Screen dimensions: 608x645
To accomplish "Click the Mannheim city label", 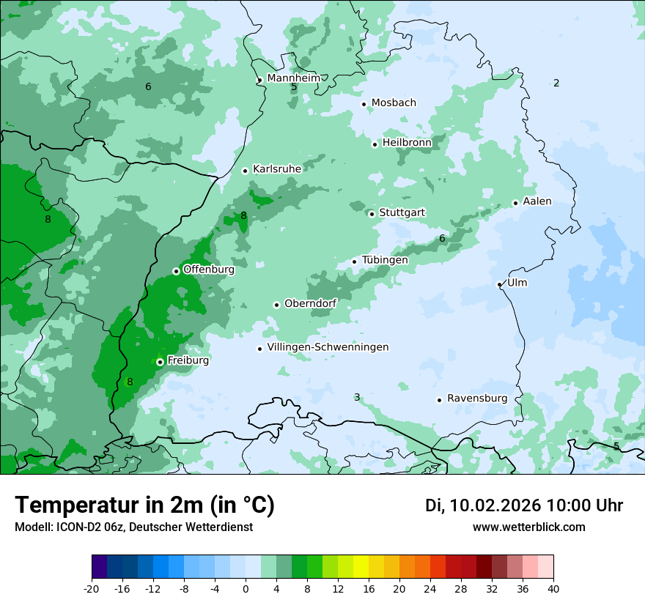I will (293, 78).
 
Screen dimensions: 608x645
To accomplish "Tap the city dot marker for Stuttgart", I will (372, 214).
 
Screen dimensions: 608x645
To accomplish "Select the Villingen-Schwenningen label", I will (328, 347).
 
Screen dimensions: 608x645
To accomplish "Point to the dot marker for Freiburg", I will (160, 362).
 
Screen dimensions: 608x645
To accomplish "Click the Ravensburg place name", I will (477, 398).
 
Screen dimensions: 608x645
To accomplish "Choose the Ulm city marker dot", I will (499, 284).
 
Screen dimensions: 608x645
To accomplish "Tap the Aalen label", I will (537, 201).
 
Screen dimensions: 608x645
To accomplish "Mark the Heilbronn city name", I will (407, 142).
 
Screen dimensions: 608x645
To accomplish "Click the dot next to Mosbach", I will (364, 104).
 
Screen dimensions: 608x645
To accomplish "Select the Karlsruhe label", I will (277, 169).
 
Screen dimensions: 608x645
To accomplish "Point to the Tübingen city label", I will (385, 260).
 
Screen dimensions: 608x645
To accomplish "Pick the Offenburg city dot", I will (176, 271).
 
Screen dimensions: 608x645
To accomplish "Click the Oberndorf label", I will (310, 303).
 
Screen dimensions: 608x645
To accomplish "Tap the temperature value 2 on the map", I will (556, 83).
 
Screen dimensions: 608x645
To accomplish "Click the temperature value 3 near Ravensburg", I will (357, 397).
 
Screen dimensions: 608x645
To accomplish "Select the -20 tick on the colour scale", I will (92, 589).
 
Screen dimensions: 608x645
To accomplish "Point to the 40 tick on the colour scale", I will (553, 589).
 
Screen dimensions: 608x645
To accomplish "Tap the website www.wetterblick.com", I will (528, 527).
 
